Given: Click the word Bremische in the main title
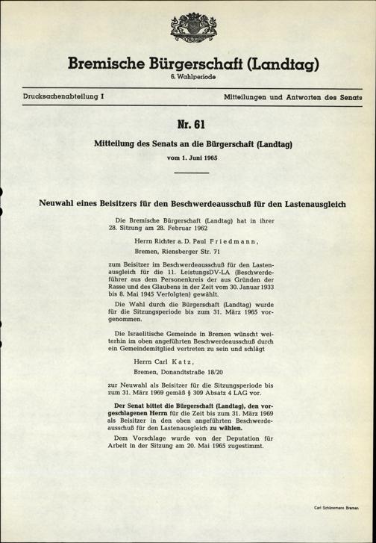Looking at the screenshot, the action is point(110,64).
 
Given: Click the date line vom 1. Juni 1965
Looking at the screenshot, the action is point(188,159).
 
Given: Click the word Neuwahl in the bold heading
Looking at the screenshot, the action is point(60,202).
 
